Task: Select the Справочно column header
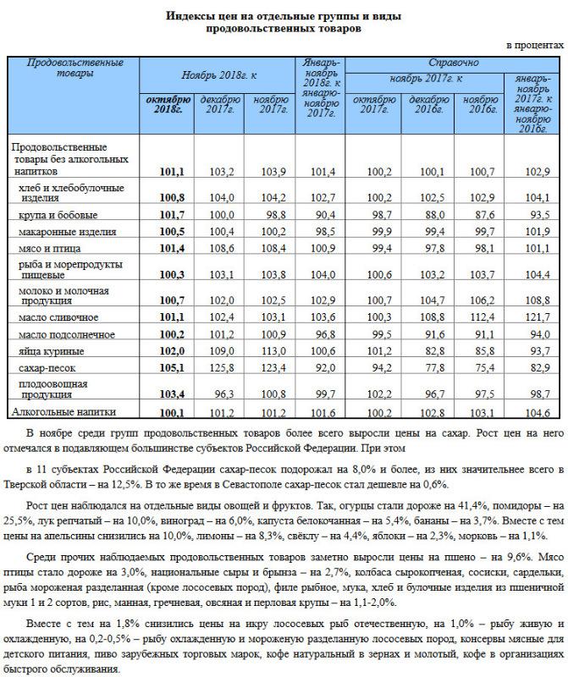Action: [453, 63]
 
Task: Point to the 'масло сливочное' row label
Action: [58, 317]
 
